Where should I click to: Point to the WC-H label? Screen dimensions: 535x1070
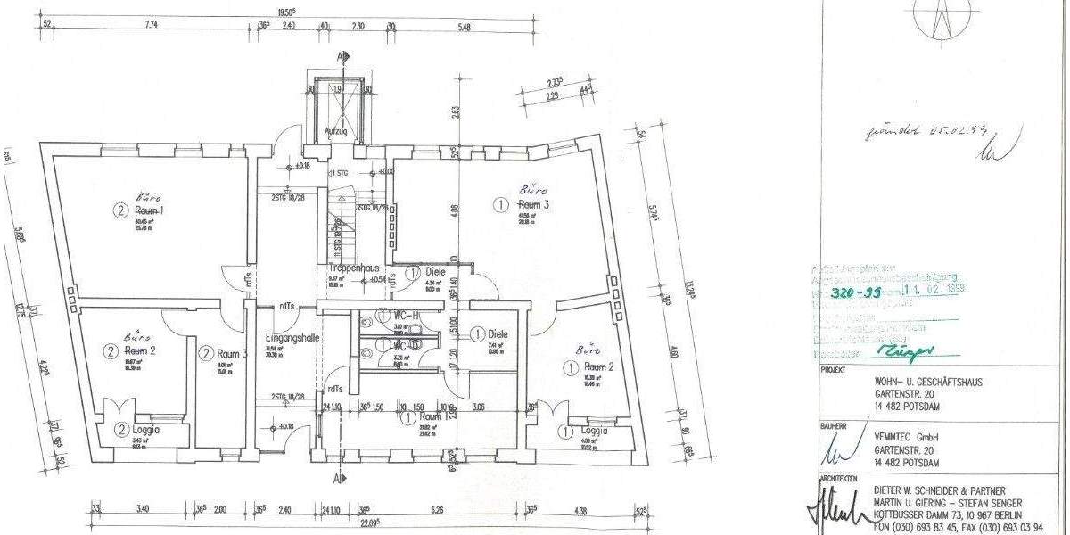[x=405, y=316]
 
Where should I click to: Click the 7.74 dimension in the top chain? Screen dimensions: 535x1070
[x=150, y=26]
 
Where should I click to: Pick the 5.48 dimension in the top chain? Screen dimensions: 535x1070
[x=464, y=26]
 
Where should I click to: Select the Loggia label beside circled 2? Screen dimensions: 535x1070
[x=145, y=429]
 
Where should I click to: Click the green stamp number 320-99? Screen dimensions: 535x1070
[x=856, y=292]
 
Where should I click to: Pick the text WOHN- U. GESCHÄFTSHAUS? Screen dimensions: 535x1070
[x=930, y=381]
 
